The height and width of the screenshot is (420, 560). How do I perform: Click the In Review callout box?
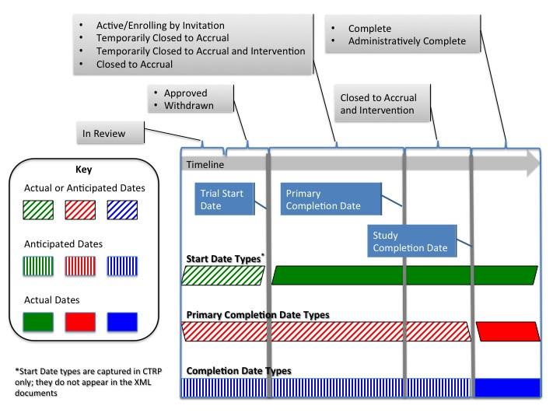112,134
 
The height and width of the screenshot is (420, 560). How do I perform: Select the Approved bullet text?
186,93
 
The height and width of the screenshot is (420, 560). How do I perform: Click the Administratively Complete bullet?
407,41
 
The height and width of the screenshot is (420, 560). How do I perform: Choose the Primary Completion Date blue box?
331,199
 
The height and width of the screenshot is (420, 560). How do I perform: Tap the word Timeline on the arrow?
205,164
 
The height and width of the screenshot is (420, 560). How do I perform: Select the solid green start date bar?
404,275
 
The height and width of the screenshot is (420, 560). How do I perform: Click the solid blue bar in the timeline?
507,387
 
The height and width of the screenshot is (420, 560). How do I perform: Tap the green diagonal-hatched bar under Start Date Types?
223,275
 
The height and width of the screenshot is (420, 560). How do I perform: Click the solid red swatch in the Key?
81,321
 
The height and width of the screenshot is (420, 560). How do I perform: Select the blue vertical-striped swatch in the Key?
122,266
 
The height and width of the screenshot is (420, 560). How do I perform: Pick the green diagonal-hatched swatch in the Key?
39,210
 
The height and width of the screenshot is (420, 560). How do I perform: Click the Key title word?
82,169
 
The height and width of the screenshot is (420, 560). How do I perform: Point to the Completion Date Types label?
239,371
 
